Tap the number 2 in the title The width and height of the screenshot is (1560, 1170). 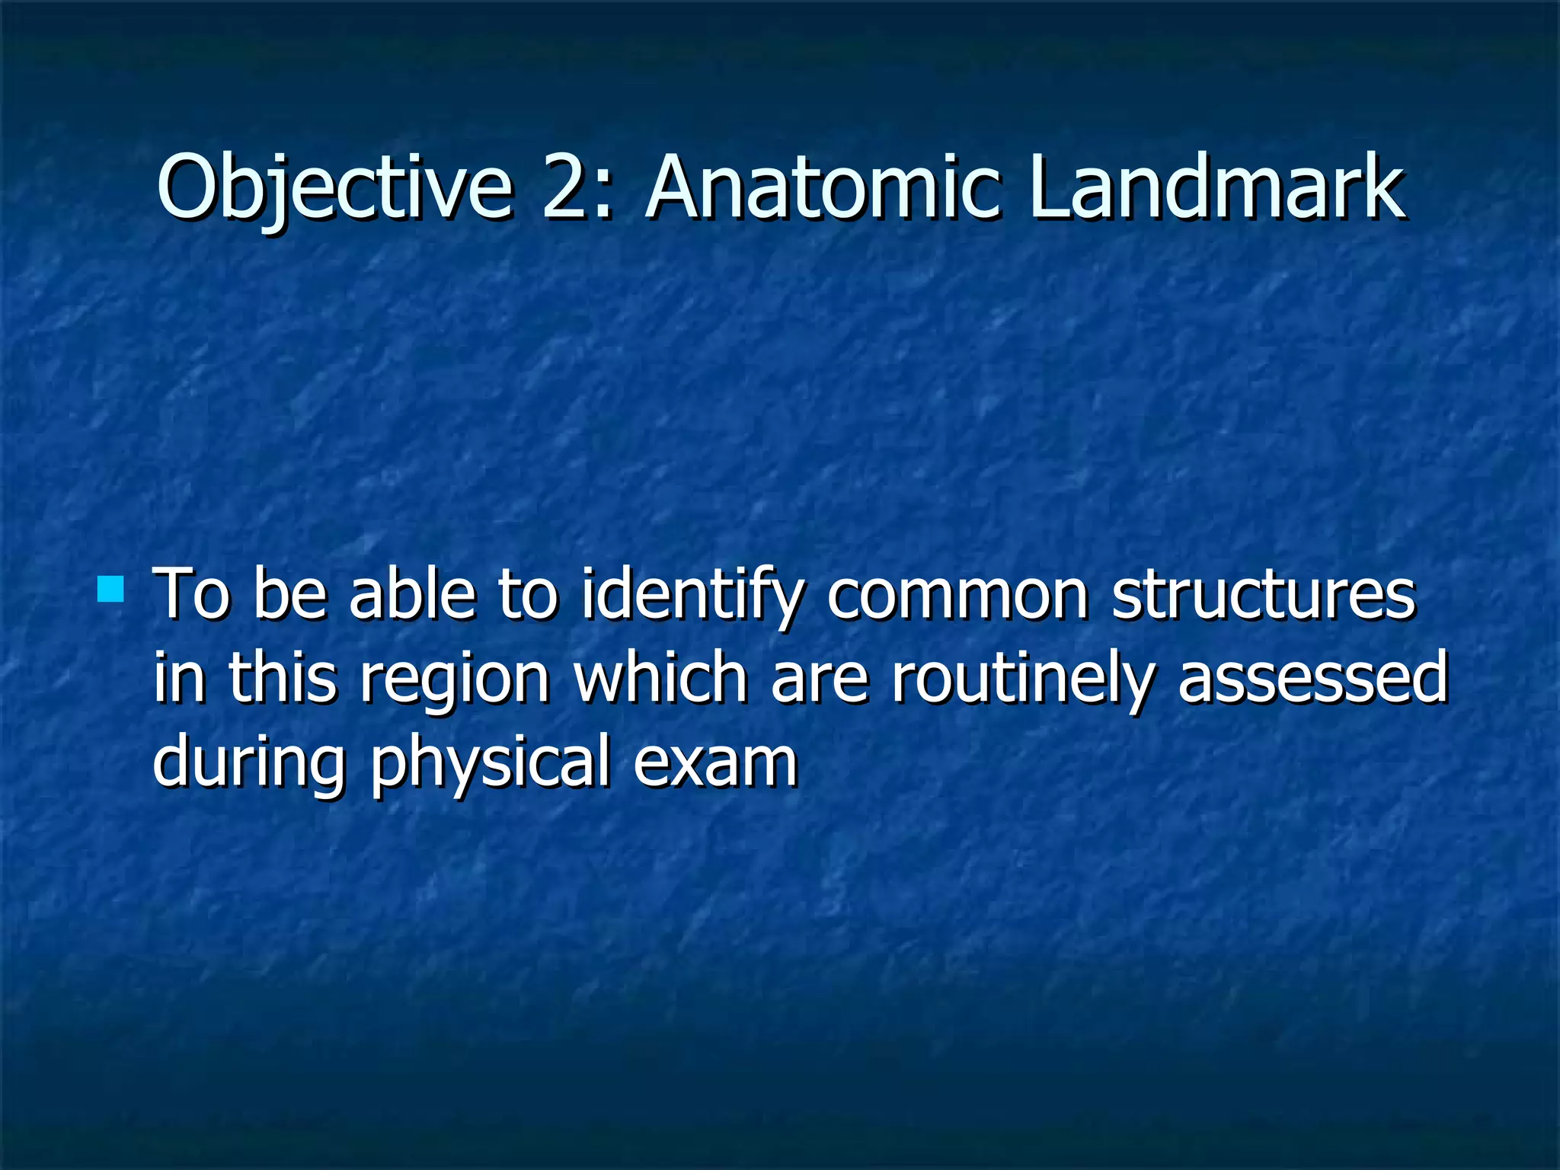coord(563,187)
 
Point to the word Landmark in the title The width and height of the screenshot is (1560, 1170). coord(1216,187)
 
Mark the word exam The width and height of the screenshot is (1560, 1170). coord(715,762)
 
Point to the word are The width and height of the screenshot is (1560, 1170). coord(820,680)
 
